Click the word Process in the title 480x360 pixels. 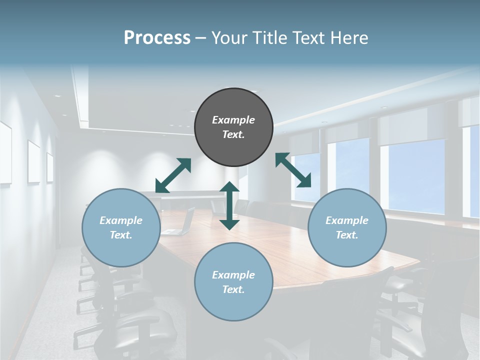point(157,38)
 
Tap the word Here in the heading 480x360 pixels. point(349,38)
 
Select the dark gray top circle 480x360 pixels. point(233,127)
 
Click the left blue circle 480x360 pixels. point(121,227)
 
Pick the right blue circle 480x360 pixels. point(347,227)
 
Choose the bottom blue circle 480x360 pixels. point(233,282)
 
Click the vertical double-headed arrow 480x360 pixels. point(229,205)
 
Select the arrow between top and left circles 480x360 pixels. point(173,175)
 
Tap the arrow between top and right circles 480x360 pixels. point(293,170)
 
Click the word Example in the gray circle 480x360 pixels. point(233,120)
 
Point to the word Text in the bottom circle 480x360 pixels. point(232,289)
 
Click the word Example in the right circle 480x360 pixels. point(347,220)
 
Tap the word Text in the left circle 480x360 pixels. point(120,235)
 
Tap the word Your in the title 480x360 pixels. point(230,38)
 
